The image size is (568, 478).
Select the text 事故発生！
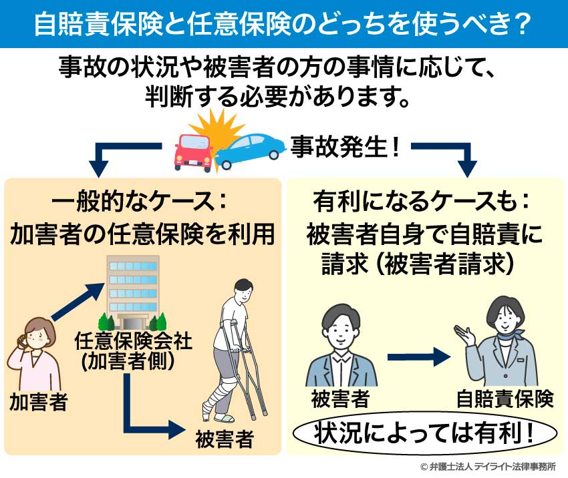345,146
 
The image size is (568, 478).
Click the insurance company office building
132,290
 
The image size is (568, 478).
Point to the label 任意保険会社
132,342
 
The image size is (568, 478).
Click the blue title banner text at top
283,23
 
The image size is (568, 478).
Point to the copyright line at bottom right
488,467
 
